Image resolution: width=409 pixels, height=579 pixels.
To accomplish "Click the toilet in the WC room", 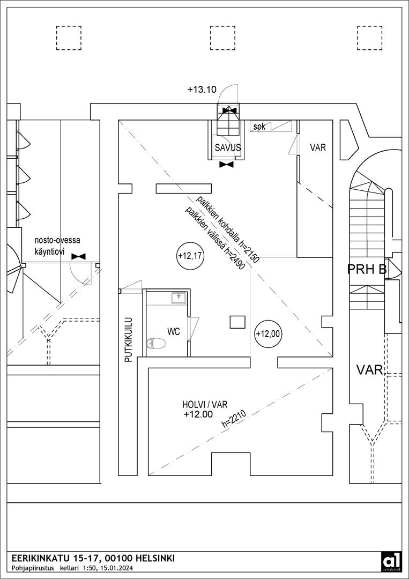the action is point(156,344).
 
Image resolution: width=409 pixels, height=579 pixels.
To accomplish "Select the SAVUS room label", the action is point(228,148).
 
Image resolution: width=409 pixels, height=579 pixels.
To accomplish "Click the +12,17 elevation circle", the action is point(189,255).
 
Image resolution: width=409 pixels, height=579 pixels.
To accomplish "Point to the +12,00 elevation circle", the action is point(269,334).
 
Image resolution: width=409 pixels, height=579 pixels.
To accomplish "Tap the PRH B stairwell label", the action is point(367,270).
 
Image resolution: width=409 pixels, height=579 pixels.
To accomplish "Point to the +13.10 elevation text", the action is point(202,89).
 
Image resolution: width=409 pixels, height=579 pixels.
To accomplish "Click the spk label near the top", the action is point(259,127).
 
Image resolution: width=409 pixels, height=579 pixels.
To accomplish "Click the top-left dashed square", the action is point(69,38).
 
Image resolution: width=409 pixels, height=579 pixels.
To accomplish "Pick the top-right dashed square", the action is point(369,38).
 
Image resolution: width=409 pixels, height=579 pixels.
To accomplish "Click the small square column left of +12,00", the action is point(237,322).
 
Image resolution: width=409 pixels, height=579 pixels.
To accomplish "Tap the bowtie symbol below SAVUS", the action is point(226,165).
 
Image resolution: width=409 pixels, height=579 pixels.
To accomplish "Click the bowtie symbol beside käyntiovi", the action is point(79,256).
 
